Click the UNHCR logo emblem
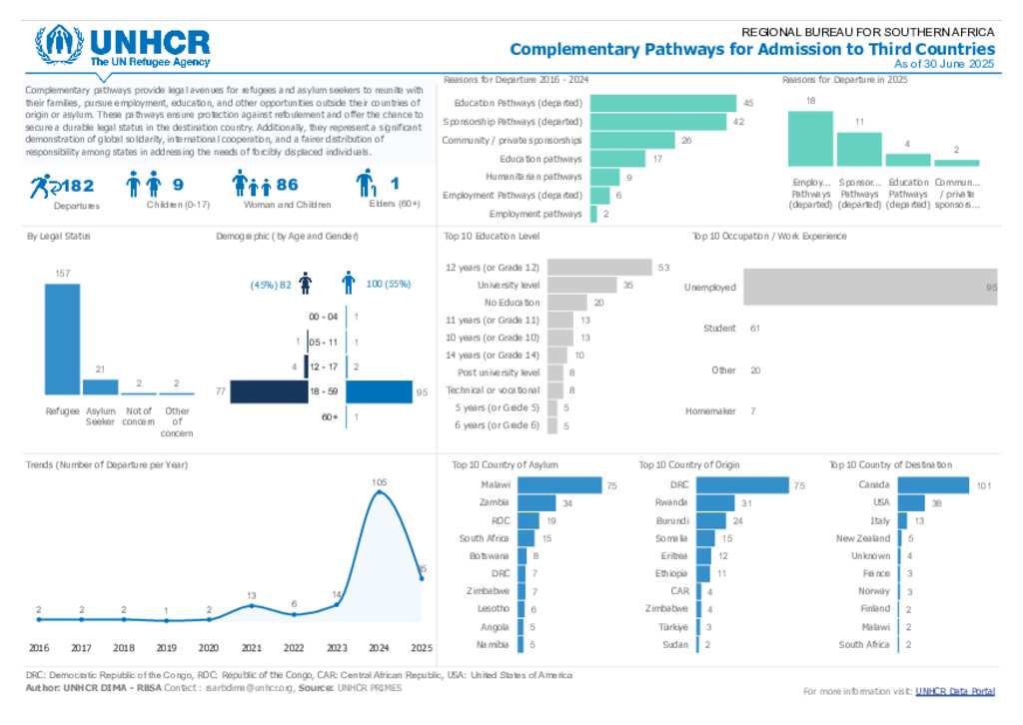click(60, 46)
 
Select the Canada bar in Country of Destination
click(934, 485)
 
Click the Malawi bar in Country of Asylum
click(558, 485)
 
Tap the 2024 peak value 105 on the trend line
click(379, 482)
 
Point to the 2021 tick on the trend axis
click(252, 647)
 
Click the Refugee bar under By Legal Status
click(62, 339)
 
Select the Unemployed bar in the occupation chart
click(869, 288)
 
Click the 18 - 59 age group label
click(324, 392)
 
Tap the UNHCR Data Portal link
click(955, 691)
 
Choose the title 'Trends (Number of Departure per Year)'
click(107, 464)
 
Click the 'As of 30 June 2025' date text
click(944, 63)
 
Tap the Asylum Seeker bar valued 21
click(100, 386)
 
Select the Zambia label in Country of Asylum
click(495, 502)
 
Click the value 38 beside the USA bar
click(936, 503)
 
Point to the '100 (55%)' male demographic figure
click(389, 285)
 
